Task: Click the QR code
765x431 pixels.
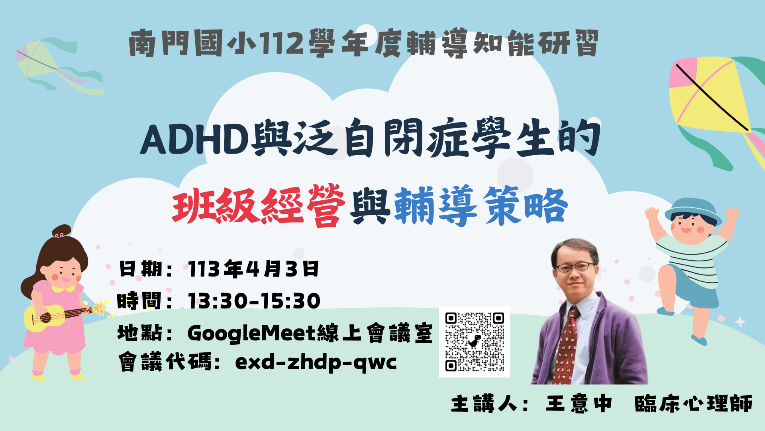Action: pyautogui.click(x=475, y=342)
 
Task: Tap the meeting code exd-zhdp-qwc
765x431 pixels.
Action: pyautogui.click(x=316, y=363)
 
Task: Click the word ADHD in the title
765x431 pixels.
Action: pyautogui.click(x=195, y=140)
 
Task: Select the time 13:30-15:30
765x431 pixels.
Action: pyautogui.click(x=254, y=301)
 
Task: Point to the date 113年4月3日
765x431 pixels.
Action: pyautogui.click(x=253, y=269)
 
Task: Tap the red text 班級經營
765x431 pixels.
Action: pyautogui.click(x=259, y=206)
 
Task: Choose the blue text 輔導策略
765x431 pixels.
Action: pyautogui.click(x=481, y=206)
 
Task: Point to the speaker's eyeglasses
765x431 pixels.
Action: pyautogui.click(x=575, y=267)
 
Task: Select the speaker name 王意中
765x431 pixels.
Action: pyautogui.click(x=579, y=403)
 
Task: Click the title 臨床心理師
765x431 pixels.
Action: pyautogui.click(x=693, y=403)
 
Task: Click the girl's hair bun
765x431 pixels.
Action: pyautogui.click(x=61, y=231)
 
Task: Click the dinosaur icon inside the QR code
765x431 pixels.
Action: pyautogui.click(x=474, y=341)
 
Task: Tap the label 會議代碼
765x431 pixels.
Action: pyautogui.click(x=165, y=363)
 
